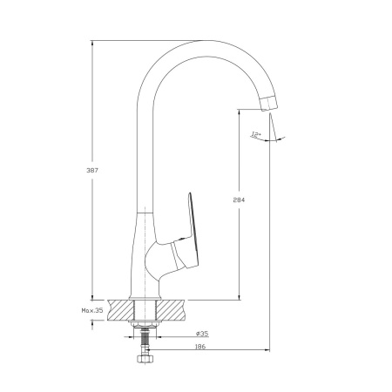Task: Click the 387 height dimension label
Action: tap(92, 170)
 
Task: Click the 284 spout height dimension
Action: tap(239, 199)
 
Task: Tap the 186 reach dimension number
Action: tap(199, 347)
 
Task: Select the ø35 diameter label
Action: tap(202, 334)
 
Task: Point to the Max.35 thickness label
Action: tap(92, 310)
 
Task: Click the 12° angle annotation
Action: tap(256, 134)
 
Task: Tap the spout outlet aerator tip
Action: tap(268, 104)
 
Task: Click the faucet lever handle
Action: tap(186, 233)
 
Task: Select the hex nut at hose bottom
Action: tap(145, 359)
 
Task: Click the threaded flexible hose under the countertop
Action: tap(145, 341)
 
